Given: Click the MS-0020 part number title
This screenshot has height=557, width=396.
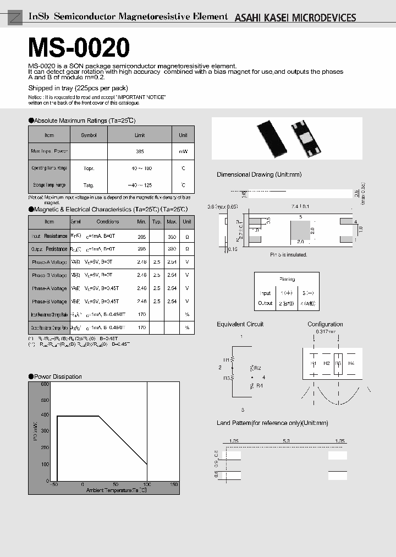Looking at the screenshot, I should click(79, 48).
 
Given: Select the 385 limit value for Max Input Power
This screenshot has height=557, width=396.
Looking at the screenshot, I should click(140, 151).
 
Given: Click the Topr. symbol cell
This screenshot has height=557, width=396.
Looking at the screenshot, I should click(89, 168).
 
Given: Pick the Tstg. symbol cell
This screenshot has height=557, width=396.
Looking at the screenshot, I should click(89, 185).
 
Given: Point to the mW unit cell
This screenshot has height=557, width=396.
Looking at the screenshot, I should click(183, 151).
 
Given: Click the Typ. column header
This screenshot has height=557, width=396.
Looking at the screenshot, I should click(157, 222).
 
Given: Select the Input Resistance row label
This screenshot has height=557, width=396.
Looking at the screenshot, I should click(49, 236).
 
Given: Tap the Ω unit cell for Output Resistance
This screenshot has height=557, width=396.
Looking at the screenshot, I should click(187, 249).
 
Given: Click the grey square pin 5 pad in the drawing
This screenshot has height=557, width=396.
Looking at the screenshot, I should click(300, 230).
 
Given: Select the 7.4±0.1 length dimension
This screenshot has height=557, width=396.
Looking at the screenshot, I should click(300, 206).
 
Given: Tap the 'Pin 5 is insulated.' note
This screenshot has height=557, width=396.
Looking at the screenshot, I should click(288, 255).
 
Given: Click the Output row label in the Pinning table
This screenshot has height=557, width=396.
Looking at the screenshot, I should click(265, 303).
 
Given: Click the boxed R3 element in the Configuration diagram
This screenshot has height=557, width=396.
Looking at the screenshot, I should click(338, 364).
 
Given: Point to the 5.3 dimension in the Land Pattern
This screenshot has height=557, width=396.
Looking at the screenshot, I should click(286, 441).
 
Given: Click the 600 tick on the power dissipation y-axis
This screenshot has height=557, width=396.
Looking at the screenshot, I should click(44, 384).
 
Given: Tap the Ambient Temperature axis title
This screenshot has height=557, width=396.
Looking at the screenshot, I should click(116, 490).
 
